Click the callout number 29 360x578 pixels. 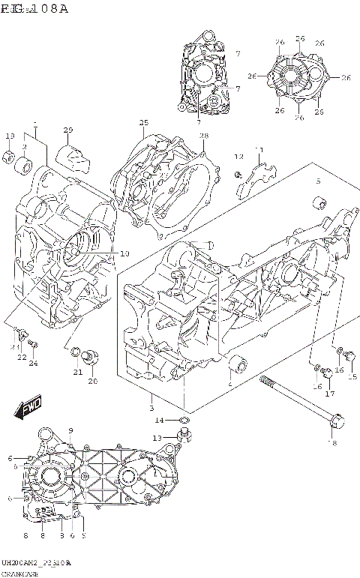tap(68, 130)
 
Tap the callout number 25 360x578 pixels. tap(143, 123)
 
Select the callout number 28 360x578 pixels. tap(203, 135)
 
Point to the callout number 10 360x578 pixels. tap(124, 253)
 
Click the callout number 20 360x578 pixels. tap(93, 381)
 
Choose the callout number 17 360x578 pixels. tap(329, 394)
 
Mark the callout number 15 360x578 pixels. tap(352, 376)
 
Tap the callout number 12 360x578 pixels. tap(239, 157)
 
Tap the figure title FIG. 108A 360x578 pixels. tap(34, 9)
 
